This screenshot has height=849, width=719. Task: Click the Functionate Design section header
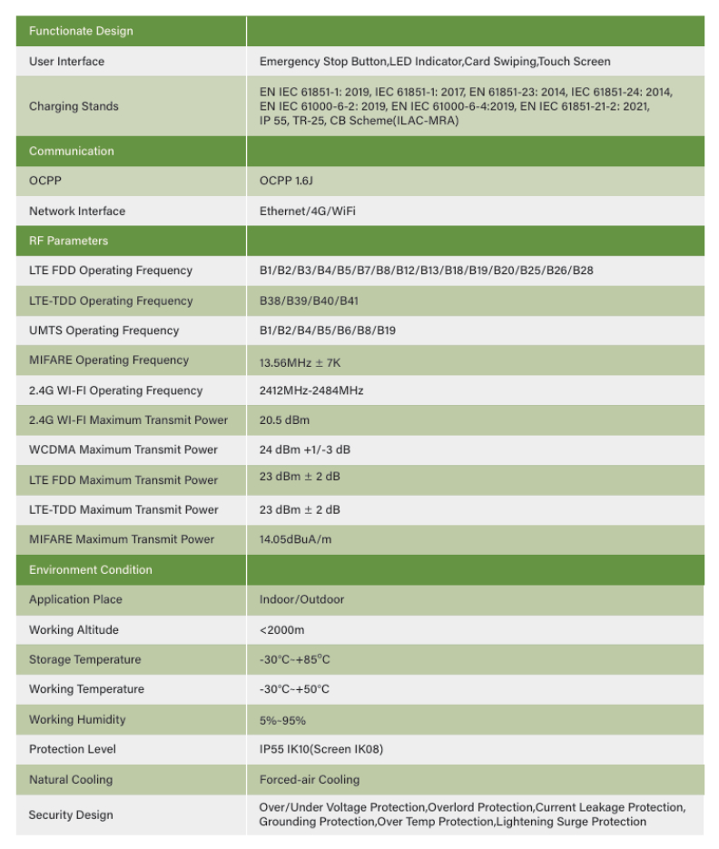click(81, 31)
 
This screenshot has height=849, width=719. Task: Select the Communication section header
click(72, 151)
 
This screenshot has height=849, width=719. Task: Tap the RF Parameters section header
click(68, 241)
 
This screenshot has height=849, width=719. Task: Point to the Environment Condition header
click(91, 569)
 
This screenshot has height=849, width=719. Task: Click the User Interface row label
click(66, 62)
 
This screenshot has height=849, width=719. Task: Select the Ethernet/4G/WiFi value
click(307, 211)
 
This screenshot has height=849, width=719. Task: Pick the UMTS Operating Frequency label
click(103, 331)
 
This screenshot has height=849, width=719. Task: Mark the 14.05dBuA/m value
click(295, 539)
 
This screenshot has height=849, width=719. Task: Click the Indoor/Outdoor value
click(301, 599)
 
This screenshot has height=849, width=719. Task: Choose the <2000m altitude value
click(281, 630)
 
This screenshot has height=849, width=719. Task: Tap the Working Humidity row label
click(77, 719)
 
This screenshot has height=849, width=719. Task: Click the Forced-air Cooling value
click(309, 779)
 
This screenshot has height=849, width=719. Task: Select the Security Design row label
click(71, 814)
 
